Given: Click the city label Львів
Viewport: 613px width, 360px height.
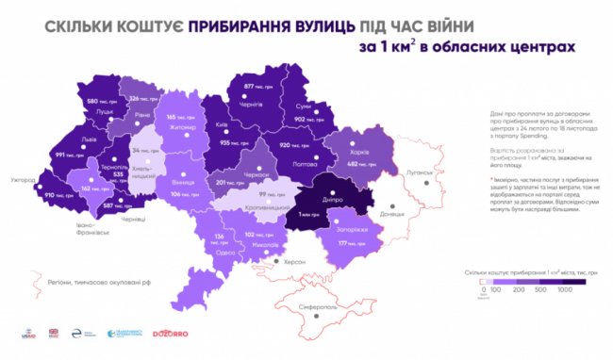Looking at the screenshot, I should [63, 138].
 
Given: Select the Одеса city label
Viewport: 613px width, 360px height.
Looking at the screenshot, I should [225, 251].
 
